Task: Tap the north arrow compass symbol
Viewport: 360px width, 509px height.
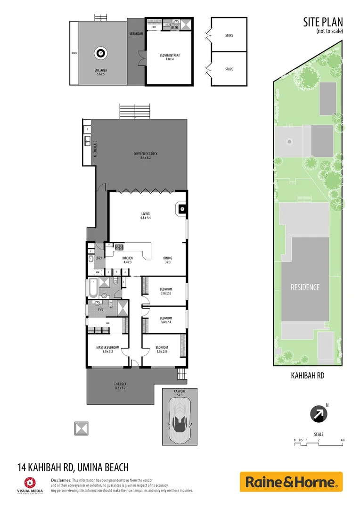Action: tap(319, 415)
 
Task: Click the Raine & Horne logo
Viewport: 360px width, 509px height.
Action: tap(291, 482)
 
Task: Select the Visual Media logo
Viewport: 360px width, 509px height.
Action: tap(30, 484)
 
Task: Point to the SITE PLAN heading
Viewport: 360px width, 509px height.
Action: tap(323, 22)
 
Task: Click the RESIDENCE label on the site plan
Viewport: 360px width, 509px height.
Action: tap(305, 287)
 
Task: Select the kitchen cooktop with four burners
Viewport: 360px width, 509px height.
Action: tap(119, 246)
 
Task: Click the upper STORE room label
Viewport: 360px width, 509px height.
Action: tap(229, 35)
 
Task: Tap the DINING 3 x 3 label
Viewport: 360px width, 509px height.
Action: tap(168, 260)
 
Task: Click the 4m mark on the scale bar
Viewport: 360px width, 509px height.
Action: tap(343, 440)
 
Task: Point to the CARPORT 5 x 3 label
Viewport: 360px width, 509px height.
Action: tap(180, 393)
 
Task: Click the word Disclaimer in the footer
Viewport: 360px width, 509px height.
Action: tap(61, 480)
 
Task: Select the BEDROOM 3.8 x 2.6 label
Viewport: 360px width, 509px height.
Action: tap(166, 291)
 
